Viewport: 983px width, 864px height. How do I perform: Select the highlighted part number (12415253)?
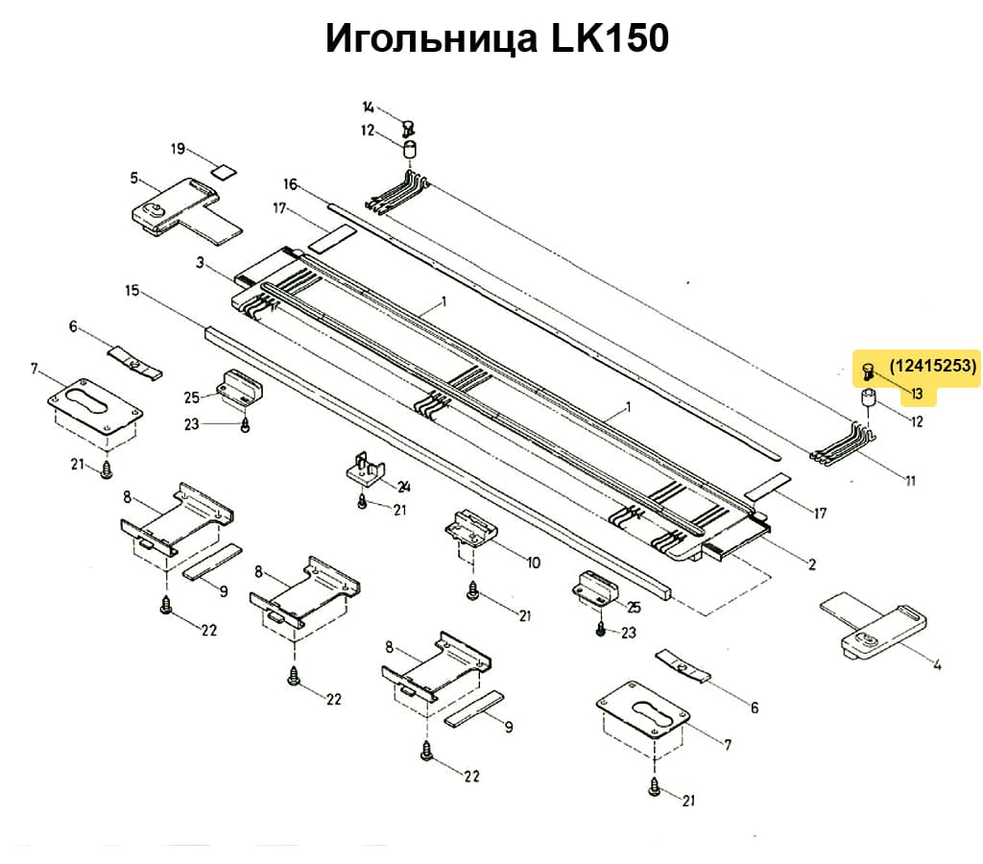(x=932, y=366)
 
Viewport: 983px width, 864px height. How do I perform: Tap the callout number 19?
(x=178, y=149)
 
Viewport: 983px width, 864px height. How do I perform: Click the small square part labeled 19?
(x=224, y=173)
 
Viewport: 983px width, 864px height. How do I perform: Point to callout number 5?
(x=134, y=178)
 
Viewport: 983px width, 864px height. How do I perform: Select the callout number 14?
(x=369, y=107)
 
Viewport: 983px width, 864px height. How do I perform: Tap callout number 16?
(x=291, y=184)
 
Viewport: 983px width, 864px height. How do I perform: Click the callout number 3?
(x=200, y=262)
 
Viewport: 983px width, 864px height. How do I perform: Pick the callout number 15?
(x=132, y=289)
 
